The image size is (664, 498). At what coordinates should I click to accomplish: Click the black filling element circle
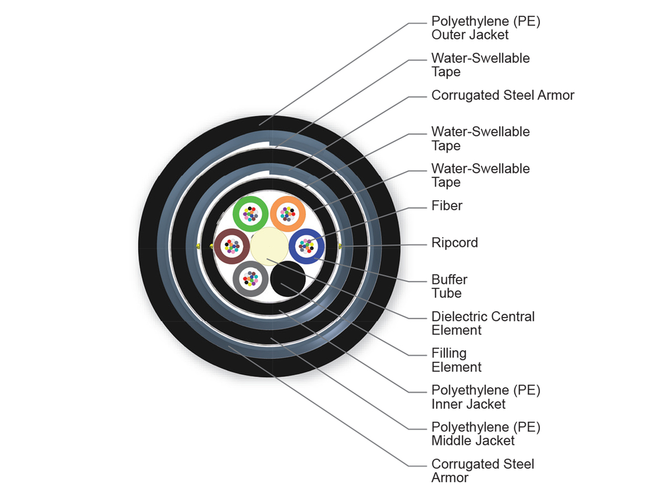point(288,278)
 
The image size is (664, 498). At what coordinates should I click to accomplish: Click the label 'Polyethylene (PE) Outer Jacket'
point(485,28)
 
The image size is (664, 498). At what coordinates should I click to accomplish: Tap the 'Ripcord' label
point(454,243)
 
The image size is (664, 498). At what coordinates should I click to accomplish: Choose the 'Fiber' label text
point(447,206)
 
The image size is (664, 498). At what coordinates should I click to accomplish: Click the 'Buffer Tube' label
point(449,286)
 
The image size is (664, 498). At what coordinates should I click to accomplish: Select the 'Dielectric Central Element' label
point(483,323)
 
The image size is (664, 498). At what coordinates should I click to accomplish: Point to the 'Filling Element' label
point(456,360)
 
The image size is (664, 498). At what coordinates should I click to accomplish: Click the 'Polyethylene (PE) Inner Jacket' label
point(485,397)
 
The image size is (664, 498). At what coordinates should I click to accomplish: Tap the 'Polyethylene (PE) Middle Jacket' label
point(485,434)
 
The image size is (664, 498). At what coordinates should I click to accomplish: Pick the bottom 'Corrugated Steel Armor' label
point(483,471)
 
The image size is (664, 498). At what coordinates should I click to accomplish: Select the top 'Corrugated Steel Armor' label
point(502,95)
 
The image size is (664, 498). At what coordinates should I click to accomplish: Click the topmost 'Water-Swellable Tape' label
point(480,65)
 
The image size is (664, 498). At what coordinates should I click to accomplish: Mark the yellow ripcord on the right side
point(340,245)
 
